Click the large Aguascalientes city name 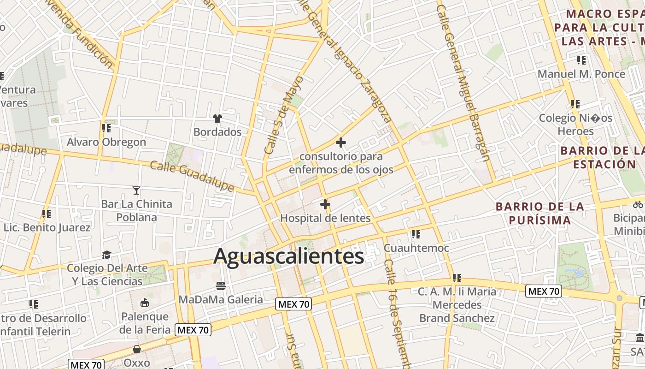tap(289, 256)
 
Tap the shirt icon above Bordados tap(217, 119)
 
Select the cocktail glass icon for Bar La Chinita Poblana tap(136, 190)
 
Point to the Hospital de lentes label tap(325, 218)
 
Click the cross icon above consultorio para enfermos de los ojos tap(340, 143)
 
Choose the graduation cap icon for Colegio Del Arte tap(107, 255)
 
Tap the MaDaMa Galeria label tap(221, 299)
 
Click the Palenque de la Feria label tap(145, 323)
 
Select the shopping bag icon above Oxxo tap(137, 349)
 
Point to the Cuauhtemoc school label tap(416, 248)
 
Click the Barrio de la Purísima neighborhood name tap(540, 213)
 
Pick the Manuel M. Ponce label tap(581, 74)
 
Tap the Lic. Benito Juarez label tap(47, 227)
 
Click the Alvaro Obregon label tap(106, 142)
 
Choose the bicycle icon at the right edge tap(638, 203)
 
